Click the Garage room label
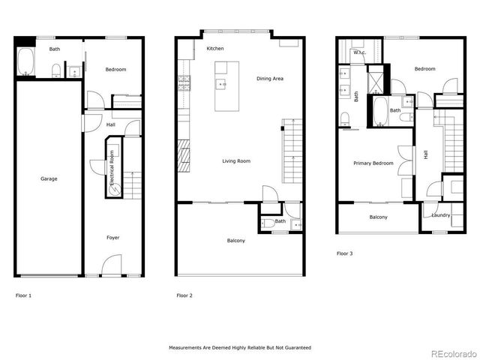(49, 178)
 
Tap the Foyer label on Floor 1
(112, 238)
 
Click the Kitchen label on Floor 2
(215, 49)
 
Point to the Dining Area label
(270, 79)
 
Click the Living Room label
(236, 160)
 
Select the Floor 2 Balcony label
(236, 241)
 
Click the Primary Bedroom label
(373, 163)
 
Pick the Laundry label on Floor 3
(440, 215)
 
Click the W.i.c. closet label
(358, 52)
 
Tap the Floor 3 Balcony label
(378, 217)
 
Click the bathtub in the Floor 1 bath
(25, 62)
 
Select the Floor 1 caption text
(23, 295)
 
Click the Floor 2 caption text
(184, 295)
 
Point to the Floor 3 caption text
(344, 253)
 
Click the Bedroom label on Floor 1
(115, 70)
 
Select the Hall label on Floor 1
(110, 124)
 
